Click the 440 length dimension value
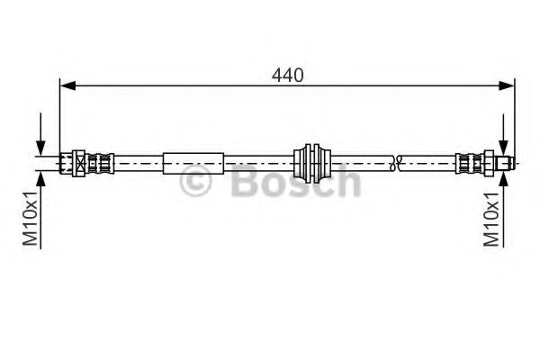point(287,76)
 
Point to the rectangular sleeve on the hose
point(193,163)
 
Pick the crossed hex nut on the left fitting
point(79,163)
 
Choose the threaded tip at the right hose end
point(508,163)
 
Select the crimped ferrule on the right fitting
point(469,163)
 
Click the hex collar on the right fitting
point(491,163)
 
